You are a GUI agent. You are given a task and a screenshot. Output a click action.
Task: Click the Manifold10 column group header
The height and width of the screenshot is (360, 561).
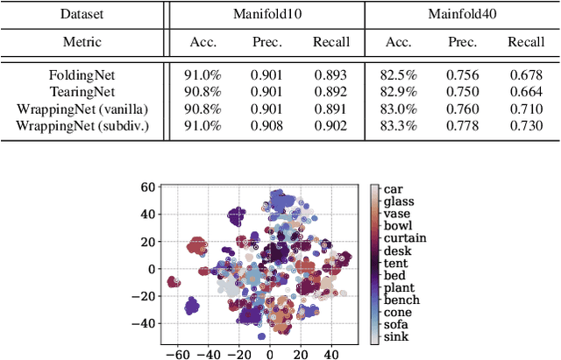[x=266, y=14]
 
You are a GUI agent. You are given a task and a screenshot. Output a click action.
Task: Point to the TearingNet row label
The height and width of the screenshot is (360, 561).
[x=82, y=92]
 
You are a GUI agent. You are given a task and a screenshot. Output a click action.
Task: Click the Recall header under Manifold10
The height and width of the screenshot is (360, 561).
[x=331, y=42]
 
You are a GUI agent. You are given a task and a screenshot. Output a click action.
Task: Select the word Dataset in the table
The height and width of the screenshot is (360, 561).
[x=82, y=14]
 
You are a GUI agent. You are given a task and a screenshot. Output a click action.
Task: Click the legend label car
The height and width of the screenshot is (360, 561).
[x=393, y=188]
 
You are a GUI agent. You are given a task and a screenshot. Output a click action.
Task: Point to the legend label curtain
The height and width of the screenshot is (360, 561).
[x=402, y=238]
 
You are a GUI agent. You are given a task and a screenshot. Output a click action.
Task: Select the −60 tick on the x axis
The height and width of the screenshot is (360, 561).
[x=178, y=356]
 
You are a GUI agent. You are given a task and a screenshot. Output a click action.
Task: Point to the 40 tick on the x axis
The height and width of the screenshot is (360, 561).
[x=330, y=356]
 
